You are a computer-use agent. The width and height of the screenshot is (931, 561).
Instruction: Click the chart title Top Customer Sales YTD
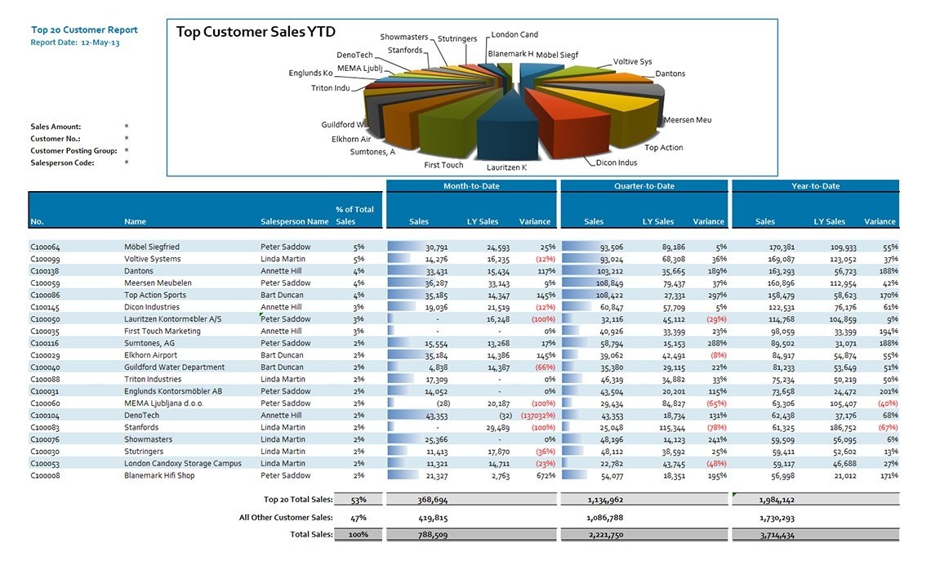tap(256, 32)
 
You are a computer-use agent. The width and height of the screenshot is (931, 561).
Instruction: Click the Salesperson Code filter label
tap(62, 163)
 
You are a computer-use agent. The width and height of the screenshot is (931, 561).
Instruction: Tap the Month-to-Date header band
tap(471, 186)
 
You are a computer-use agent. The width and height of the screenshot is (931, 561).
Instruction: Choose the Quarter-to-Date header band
tap(644, 186)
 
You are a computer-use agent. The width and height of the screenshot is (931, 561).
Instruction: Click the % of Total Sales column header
tap(354, 215)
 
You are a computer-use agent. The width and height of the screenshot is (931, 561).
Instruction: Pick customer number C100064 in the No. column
tap(45, 247)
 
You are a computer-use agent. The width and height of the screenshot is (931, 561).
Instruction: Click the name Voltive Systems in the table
tap(153, 259)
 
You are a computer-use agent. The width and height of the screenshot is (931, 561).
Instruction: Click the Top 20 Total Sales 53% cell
tap(359, 499)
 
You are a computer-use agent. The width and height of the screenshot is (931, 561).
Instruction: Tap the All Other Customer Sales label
tap(286, 517)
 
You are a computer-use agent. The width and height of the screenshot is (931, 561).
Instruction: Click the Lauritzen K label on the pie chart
tap(506, 167)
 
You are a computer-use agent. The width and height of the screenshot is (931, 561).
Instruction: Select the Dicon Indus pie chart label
tap(617, 163)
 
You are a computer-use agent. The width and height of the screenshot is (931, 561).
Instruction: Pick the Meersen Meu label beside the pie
tap(687, 120)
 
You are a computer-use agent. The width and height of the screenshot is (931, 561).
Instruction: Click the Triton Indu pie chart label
tap(331, 88)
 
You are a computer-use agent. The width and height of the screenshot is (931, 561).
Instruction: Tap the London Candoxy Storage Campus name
tap(183, 463)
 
